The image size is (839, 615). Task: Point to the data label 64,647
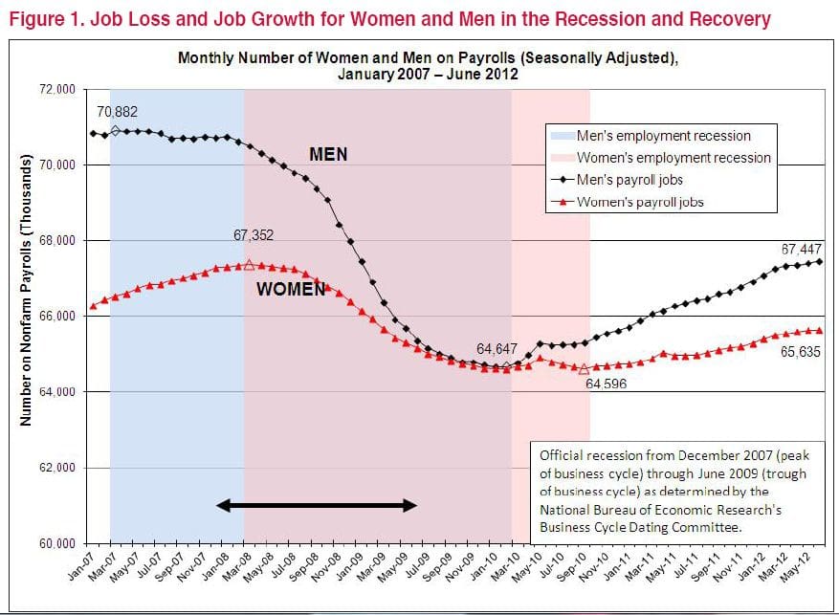[498, 348]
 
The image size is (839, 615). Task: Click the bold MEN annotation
[327, 154]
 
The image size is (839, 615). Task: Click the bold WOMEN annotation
[291, 290]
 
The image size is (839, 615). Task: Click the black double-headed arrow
[317, 505]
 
